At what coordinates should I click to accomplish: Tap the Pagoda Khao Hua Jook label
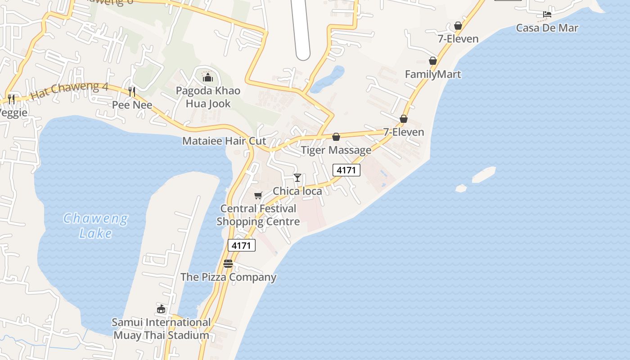[x=208, y=97]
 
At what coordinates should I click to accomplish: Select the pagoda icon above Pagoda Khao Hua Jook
[x=207, y=77]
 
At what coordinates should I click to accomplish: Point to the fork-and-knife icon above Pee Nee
[x=132, y=92]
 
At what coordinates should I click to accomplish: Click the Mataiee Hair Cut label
[x=224, y=141]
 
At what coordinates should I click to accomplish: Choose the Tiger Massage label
[x=336, y=150]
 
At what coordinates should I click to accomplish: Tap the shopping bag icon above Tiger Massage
[x=336, y=137]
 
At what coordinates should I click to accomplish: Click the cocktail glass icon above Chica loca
[x=297, y=178]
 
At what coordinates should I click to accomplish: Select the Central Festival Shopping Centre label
[x=258, y=215]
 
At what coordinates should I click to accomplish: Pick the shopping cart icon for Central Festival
[x=258, y=195]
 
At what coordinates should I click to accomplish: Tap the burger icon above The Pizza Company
[x=228, y=263]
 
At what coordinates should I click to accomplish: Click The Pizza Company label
[x=228, y=277]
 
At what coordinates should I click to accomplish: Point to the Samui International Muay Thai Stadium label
[x=161, y=328]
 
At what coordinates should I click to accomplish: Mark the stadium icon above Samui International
[x=161, y=309]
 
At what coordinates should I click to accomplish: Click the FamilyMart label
[x=433, y=74]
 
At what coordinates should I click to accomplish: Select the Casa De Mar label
[x=547, y=28]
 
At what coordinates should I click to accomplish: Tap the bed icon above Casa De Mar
[x=547, y=14]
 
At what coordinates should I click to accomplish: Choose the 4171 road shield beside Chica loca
[x=346, y=170]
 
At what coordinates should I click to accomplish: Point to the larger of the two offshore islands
[x=484, y=175]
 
